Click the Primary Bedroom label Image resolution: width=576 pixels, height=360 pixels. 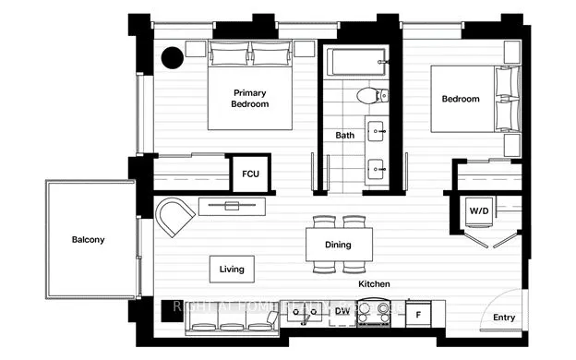[x=249, y=99]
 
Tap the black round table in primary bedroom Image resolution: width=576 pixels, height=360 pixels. [x=173, y=58]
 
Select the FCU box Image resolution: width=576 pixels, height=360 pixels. [x=250, y=174]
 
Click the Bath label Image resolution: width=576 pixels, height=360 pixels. [x=344, y=136]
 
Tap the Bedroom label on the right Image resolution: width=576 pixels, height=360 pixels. [x=460, y=100]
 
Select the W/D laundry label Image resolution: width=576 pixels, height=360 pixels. [x=479, y=210]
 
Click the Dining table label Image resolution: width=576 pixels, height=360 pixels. [x=339, y=246]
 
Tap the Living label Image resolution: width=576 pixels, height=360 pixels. [x=231, y=270]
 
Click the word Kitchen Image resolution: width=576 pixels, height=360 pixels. [x=374, y=284]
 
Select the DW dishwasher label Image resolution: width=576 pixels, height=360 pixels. [x=342, y=311]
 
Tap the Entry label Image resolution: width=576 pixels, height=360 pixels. [x=503, y=318]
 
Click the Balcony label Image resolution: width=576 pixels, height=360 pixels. [x=89, y=240]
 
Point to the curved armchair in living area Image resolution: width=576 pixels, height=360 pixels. [x=174, y=217]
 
